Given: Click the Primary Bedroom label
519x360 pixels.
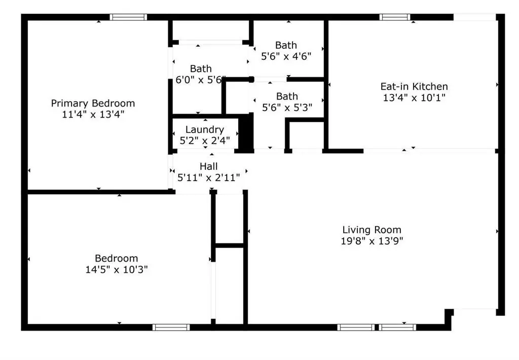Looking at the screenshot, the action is point(93,103).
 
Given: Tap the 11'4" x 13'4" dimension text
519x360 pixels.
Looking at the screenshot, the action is point(93,115).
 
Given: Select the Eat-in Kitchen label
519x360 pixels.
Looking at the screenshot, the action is point(414,87).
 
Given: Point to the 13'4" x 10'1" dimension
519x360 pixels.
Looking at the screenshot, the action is point(414,98).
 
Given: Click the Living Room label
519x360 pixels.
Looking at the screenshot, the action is point(372,230).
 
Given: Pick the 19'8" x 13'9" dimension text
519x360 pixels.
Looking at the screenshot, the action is point(372,241).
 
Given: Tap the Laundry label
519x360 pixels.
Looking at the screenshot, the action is point(205,130).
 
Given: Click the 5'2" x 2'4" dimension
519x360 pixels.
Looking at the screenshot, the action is point(205,141).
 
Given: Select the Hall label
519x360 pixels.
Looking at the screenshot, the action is point(208,166).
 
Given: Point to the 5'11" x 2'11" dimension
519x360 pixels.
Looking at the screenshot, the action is point(208,178).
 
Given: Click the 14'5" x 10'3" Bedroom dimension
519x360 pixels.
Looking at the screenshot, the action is point(117,270).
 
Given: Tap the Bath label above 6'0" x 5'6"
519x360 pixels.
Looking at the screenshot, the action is point(201,69).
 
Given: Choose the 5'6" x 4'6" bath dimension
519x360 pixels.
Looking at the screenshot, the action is point(286,56).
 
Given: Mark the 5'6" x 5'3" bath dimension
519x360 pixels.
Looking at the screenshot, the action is point(287,107).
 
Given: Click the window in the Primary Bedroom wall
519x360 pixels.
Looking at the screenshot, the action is point(128,17).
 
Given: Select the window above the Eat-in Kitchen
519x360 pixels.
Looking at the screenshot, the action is point(394,17).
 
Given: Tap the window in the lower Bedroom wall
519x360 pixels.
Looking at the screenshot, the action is point(171,328).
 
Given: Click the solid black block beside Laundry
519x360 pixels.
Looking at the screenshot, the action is point(246,134).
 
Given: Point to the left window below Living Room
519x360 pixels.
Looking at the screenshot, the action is point(356,328).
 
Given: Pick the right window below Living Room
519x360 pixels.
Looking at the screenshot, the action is point(397,328).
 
